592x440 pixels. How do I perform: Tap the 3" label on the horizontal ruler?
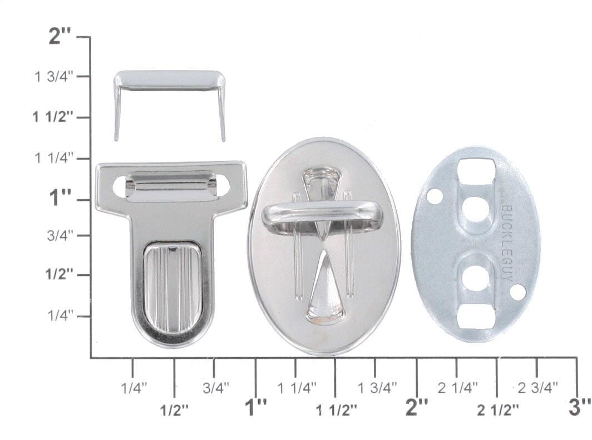[579, 407]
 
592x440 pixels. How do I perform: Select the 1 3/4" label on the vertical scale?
[54, 77]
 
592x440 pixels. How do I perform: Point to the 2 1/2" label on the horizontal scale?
[497, 410]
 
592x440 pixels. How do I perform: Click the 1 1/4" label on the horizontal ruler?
[297, 387]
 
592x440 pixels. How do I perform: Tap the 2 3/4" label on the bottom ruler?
[537, 387]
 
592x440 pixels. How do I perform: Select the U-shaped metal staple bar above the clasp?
[170, 81]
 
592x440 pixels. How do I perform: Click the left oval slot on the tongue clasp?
[120, 187]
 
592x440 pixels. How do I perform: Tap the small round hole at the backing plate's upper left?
[435, 196]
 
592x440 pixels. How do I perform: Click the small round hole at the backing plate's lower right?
[518, 292]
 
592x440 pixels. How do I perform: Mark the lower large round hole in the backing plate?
[476, 278]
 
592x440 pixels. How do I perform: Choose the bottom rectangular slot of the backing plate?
[476, 317]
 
